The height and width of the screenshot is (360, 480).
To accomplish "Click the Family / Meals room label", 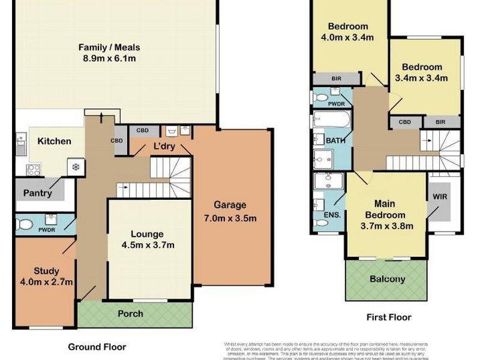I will coord(115,47).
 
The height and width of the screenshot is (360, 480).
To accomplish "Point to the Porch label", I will coord(130,313).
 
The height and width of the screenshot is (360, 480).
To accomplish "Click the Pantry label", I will coord(37,193).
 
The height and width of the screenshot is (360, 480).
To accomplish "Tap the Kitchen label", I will coord(54,142).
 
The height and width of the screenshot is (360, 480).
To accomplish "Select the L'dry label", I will coord(164,146).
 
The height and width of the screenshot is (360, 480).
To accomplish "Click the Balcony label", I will coord(387,279).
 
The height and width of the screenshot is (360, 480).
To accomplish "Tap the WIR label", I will coord(440,196).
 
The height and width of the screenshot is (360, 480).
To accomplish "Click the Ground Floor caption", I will coord(97,347).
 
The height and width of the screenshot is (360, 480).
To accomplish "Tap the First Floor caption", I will coord(389,317).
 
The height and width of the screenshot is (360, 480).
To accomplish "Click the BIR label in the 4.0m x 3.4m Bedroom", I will coord(336,79).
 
